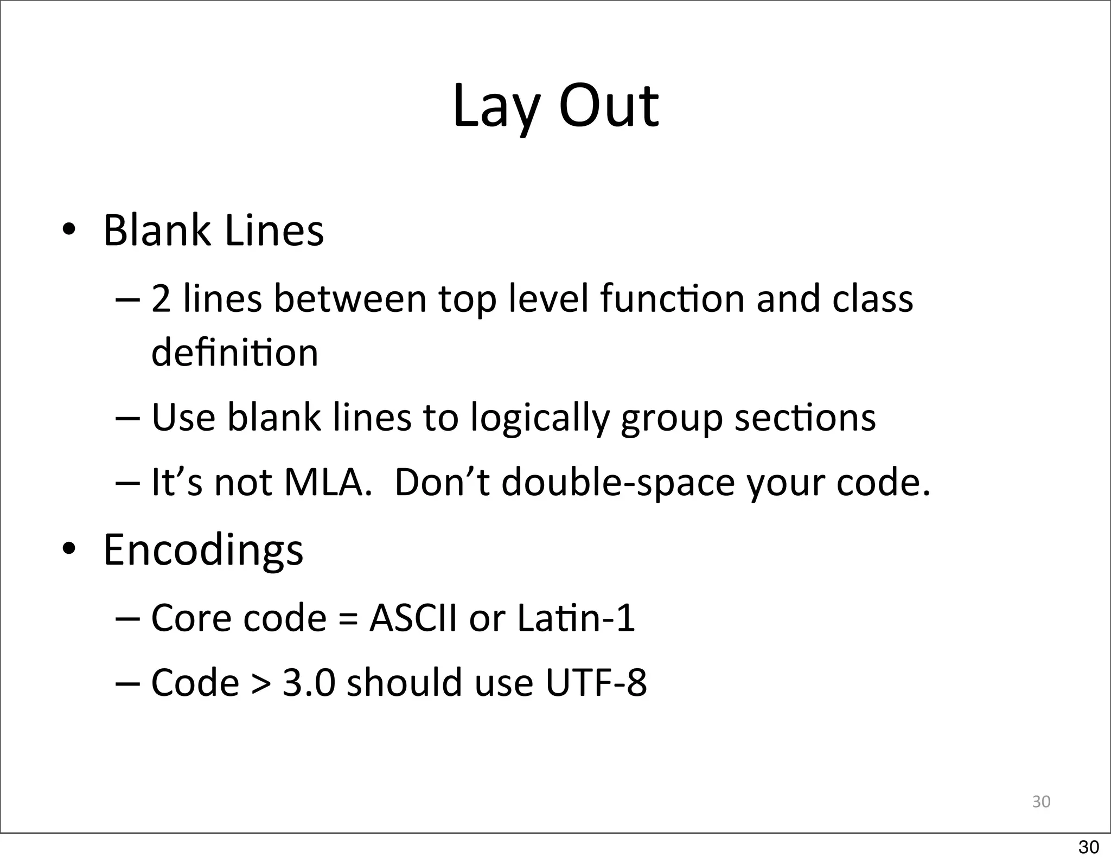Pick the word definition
point(234,353)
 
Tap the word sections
point(805,418)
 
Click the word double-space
point(618,482)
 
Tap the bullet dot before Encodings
point(68,549)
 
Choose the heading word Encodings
point(203,550)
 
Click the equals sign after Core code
point(348,618)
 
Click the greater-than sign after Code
point(261,683)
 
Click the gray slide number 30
point(1041,802)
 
